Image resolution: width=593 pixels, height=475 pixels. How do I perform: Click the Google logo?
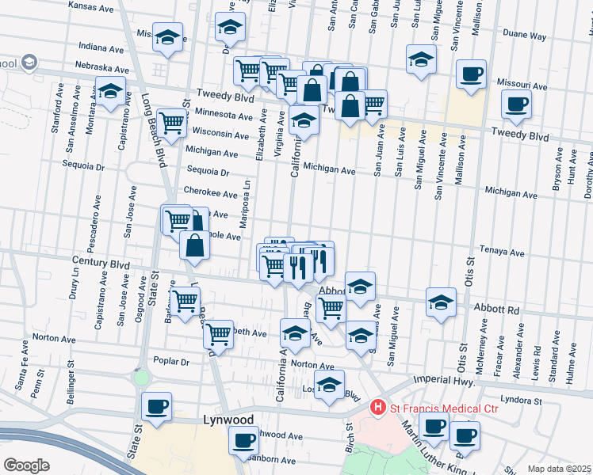(x=26, y=465)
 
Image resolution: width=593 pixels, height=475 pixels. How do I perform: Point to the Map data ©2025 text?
(x=559, y=469)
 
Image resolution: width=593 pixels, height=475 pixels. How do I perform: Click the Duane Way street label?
(x=525, y=36)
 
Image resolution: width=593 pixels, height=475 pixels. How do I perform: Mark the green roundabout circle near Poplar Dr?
(x=142, y=377)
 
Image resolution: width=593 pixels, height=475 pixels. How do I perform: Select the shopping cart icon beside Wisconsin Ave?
(x=171, y=123)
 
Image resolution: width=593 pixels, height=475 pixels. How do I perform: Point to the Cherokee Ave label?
(x=210, y=194)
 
